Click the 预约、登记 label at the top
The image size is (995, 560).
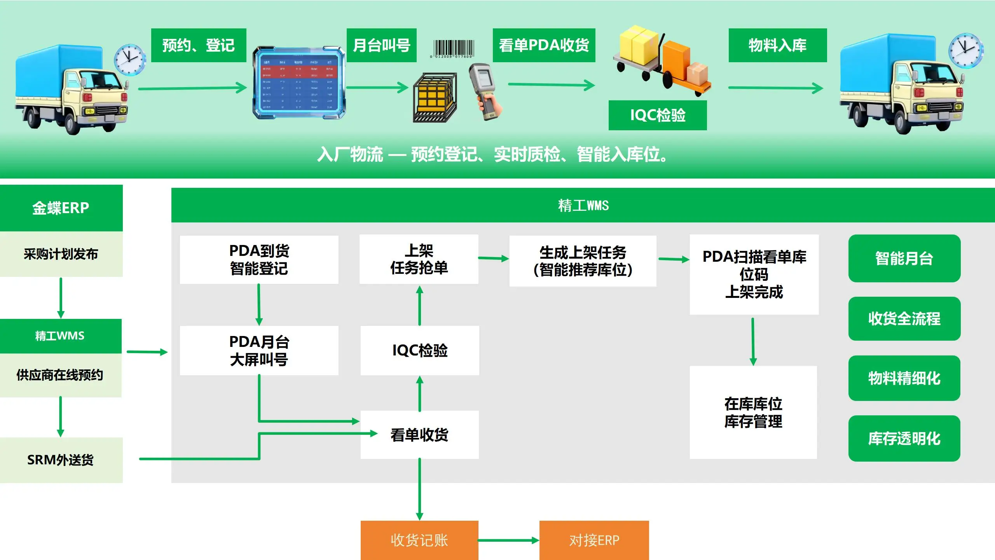coord(199,45)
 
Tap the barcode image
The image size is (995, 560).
coord(453,49)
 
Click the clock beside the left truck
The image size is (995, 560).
coord(129,59)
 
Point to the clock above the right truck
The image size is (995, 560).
coord(965,51)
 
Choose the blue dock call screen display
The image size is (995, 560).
coord(298,83)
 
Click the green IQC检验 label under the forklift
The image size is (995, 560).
coord(657,115)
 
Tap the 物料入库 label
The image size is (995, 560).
coord(777,45)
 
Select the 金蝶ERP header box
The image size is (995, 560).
coord(61,208)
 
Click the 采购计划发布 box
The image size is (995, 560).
coord(61,254)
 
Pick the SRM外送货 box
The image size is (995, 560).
coord(61,460)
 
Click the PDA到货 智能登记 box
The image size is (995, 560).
coord(259,259)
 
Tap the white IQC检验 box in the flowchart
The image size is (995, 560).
coord(420,350)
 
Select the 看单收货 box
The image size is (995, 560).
coord(419,434)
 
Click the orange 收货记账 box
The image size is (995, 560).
coord(419,540)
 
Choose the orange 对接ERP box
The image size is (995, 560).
coord(594,540)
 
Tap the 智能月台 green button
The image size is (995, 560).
coord(904,258)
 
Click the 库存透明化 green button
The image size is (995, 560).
coord(904,438)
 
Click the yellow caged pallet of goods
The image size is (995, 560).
coord(434,97)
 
